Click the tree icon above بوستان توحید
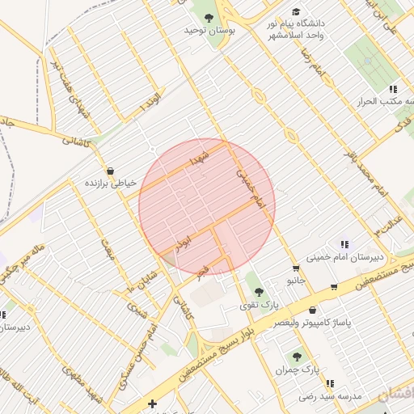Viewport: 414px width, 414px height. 209,17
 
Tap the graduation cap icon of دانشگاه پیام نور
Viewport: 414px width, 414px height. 296,12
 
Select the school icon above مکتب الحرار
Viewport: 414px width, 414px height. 393,89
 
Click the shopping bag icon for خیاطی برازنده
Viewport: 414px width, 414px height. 110,171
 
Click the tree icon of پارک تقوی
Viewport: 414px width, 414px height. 259,292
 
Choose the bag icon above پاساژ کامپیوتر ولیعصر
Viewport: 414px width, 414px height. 313,310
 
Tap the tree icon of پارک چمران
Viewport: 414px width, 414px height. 298,355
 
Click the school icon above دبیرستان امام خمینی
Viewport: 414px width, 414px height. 345,244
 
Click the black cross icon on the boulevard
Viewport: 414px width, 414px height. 151,403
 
